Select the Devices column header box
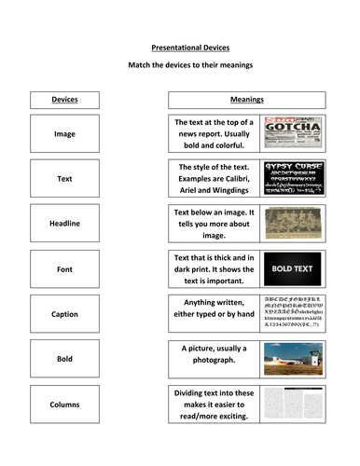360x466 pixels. coord(64,100)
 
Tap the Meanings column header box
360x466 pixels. coord(246,100)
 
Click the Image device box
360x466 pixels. coord(64,133)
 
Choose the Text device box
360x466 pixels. coord(64,178)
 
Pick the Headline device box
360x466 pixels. coord(64,224)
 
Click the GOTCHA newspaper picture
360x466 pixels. coord(293,133)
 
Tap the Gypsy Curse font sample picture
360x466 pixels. coord(293,178)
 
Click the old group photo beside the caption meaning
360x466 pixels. coord(293,224)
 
